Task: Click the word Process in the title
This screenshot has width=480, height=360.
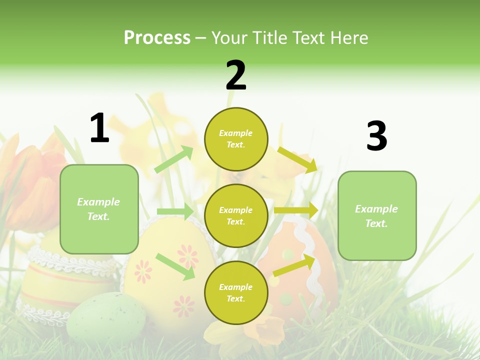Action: point(157,38)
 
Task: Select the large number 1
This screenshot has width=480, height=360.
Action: point(99,128)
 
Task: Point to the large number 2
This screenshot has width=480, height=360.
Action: point(236,75)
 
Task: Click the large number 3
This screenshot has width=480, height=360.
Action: point(376,136)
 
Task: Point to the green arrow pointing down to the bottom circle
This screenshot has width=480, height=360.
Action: point(175,266)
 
